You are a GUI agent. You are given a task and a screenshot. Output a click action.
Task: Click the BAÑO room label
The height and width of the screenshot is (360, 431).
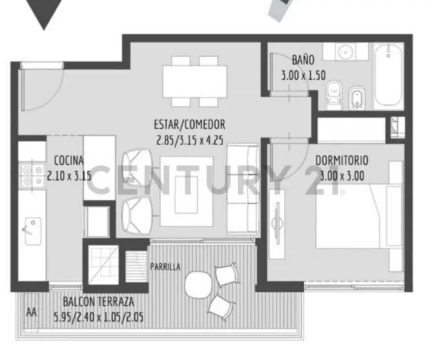303,59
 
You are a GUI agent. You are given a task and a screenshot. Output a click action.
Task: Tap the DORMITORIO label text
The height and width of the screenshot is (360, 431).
342,161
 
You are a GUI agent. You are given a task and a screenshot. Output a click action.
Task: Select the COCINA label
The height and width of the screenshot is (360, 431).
68,161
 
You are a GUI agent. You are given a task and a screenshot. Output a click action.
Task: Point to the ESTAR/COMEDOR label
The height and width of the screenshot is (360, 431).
189,125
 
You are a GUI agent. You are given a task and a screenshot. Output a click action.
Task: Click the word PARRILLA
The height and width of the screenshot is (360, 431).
165,266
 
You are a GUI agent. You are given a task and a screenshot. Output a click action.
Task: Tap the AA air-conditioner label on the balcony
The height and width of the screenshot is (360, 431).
31,312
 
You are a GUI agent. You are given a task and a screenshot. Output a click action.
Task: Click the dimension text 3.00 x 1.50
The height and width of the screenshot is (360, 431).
303,76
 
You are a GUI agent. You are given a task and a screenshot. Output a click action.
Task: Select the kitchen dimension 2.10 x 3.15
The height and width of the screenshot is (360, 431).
69,175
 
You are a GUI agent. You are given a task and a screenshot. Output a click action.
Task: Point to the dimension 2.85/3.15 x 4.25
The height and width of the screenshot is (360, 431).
190,140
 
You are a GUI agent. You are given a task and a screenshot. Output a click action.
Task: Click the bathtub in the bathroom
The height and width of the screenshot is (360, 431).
388,76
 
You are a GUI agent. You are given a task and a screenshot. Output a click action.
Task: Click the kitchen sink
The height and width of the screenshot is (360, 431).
33,231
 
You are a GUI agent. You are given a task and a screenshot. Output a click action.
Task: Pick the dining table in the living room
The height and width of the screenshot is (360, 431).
195,81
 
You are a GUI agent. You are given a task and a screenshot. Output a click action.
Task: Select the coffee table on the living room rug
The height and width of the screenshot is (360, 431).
186,195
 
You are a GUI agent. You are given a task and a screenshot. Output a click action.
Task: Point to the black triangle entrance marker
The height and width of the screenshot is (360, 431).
44,14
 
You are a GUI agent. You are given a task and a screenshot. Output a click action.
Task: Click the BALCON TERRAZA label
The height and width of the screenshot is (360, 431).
98,302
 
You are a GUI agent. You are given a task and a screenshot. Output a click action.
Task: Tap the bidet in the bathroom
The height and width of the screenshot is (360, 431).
357,98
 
